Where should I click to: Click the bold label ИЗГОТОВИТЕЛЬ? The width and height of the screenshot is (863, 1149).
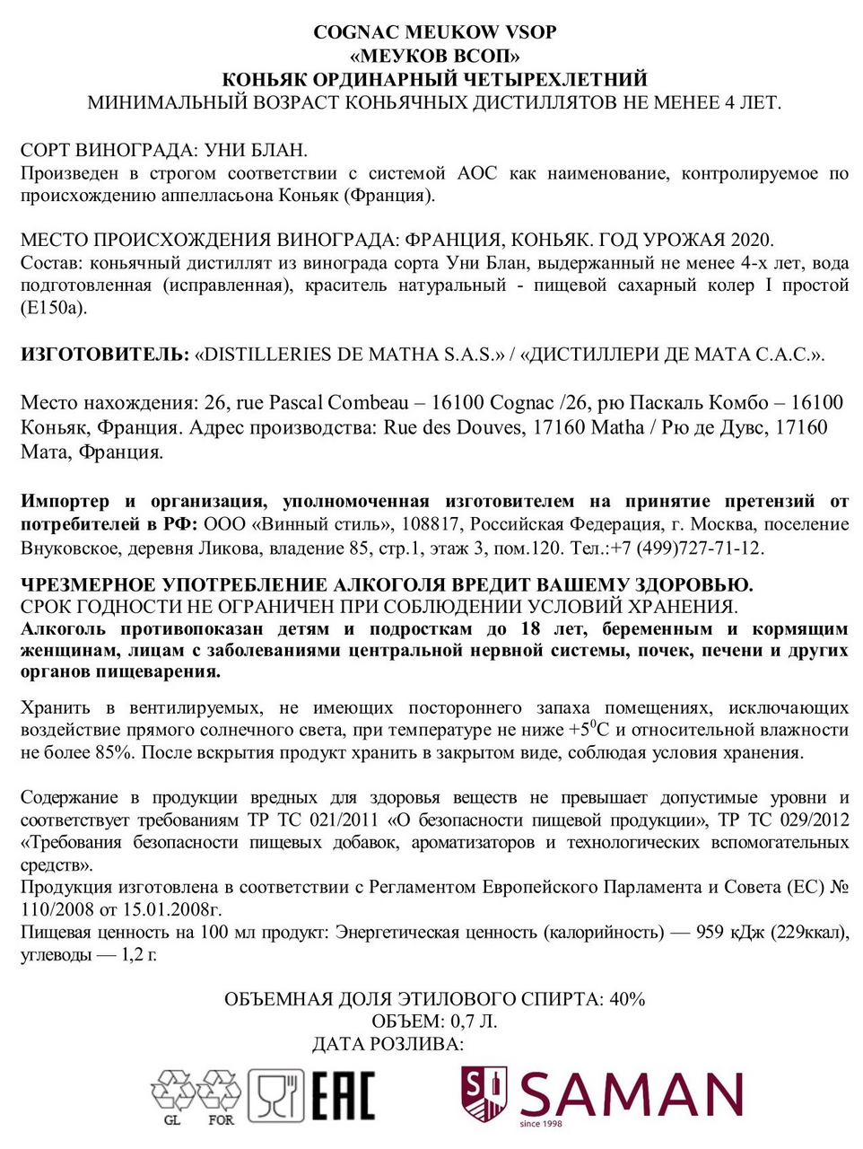[x=105, y=354]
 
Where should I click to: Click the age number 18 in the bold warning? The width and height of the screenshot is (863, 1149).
[x=531, y=628]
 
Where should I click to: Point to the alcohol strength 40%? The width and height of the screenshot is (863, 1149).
[x=627, y=998]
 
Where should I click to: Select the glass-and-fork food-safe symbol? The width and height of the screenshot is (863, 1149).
[x=276, y=1095]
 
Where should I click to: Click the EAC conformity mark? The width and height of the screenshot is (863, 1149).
[x=343, y=1095]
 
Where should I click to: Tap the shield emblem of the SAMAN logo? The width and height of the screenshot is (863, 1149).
[x=484, y=1092]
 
